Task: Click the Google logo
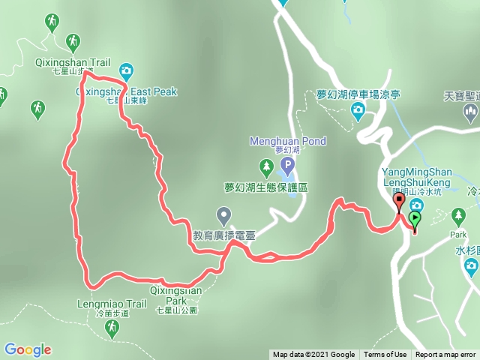[28, 349]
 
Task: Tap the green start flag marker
[414, 220]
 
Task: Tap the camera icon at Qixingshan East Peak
[126, 71]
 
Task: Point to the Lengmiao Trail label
[112, 304]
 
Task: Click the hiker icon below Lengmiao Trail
[112, 327]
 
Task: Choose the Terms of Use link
[385, 355]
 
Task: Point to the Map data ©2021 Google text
[313, 355]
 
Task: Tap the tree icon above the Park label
[458, 217]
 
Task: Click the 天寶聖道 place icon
[472, 113]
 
